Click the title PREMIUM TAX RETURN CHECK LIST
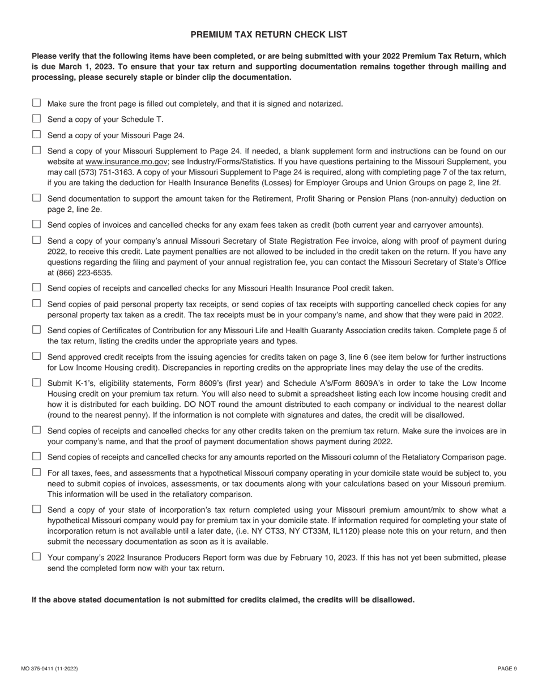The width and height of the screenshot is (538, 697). click(268, 35)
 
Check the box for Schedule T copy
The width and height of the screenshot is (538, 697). click(37, 118)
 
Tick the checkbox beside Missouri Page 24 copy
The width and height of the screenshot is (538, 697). click(37, 134)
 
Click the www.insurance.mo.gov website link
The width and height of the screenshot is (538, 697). click(126, 161)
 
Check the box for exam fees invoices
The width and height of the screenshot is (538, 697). click(37, 224)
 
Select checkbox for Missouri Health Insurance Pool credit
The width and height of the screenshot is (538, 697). click(37, 287)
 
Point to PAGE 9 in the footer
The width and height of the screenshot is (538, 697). click(507, 669)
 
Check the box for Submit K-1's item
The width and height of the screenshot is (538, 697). click(37, 382)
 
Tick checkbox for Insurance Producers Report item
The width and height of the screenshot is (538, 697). click(37, 556)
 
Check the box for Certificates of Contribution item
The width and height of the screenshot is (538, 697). click(37, 329)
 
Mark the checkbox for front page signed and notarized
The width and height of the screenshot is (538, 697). click(37, 103)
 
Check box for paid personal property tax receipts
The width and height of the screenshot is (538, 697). click(37, 303)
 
